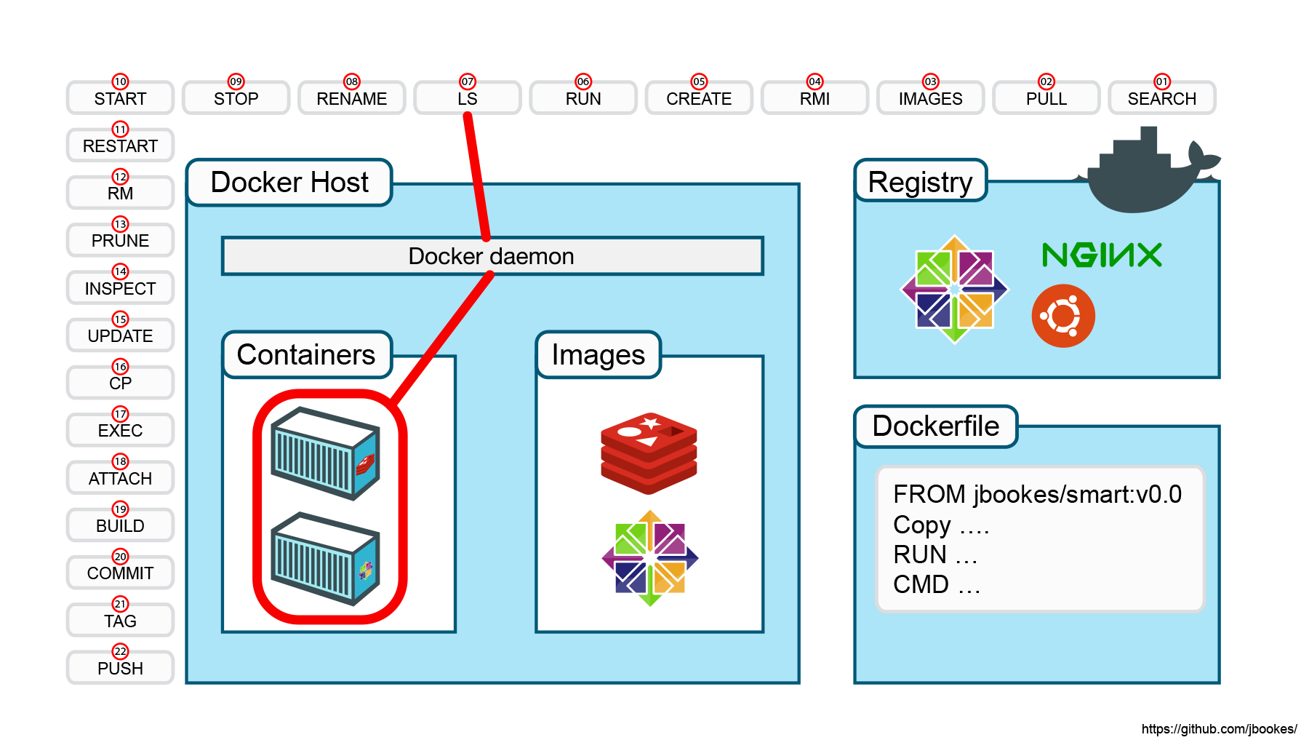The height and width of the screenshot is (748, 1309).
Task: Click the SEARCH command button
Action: tap(1161, 98)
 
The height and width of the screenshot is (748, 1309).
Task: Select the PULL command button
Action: tap(1046, 98)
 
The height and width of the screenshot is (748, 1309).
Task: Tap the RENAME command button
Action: tap(351, 98)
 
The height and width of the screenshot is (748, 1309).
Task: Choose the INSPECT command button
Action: tap(120, 287)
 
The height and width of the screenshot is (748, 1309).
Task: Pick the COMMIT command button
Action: tap(120, 573)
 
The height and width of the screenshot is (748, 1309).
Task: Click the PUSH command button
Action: tap(120, 667)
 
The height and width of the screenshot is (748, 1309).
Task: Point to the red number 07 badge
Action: tap(468, 81)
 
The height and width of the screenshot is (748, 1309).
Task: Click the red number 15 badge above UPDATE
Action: tap(120, 319)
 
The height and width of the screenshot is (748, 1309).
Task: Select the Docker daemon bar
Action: tap(492, 256)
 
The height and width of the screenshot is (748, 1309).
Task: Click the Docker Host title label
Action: tap(289, 182)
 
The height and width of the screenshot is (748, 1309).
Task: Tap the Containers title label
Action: tap(307, 354)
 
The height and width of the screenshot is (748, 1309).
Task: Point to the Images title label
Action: tap(599, 354)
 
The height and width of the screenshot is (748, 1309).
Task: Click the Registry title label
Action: tap(921, 180)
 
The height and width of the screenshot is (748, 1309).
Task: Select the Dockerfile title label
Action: tap(936, 426)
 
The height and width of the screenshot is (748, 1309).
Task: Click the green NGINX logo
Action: tap(1102, 255)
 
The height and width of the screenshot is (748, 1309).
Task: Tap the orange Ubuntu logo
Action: tap(1063, 316)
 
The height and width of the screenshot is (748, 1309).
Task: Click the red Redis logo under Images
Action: tap(649, 453)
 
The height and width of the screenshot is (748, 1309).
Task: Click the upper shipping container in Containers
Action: tap(325, 453)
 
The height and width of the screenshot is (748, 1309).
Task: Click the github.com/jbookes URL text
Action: tap(1220, 729)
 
